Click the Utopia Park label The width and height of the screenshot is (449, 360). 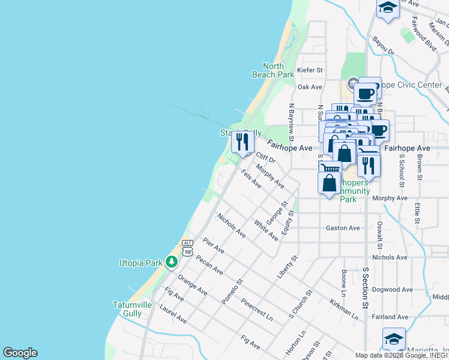(141, 263)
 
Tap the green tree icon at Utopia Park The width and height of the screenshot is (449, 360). (172, 262)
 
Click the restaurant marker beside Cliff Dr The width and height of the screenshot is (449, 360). (241, 142)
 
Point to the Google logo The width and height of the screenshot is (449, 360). (20, 353)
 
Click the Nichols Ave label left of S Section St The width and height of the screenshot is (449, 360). (232, 225)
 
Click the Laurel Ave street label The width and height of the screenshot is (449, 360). (173, 314)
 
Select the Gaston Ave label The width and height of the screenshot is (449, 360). (342, 228)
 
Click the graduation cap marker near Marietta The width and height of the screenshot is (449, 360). (394, 338)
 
